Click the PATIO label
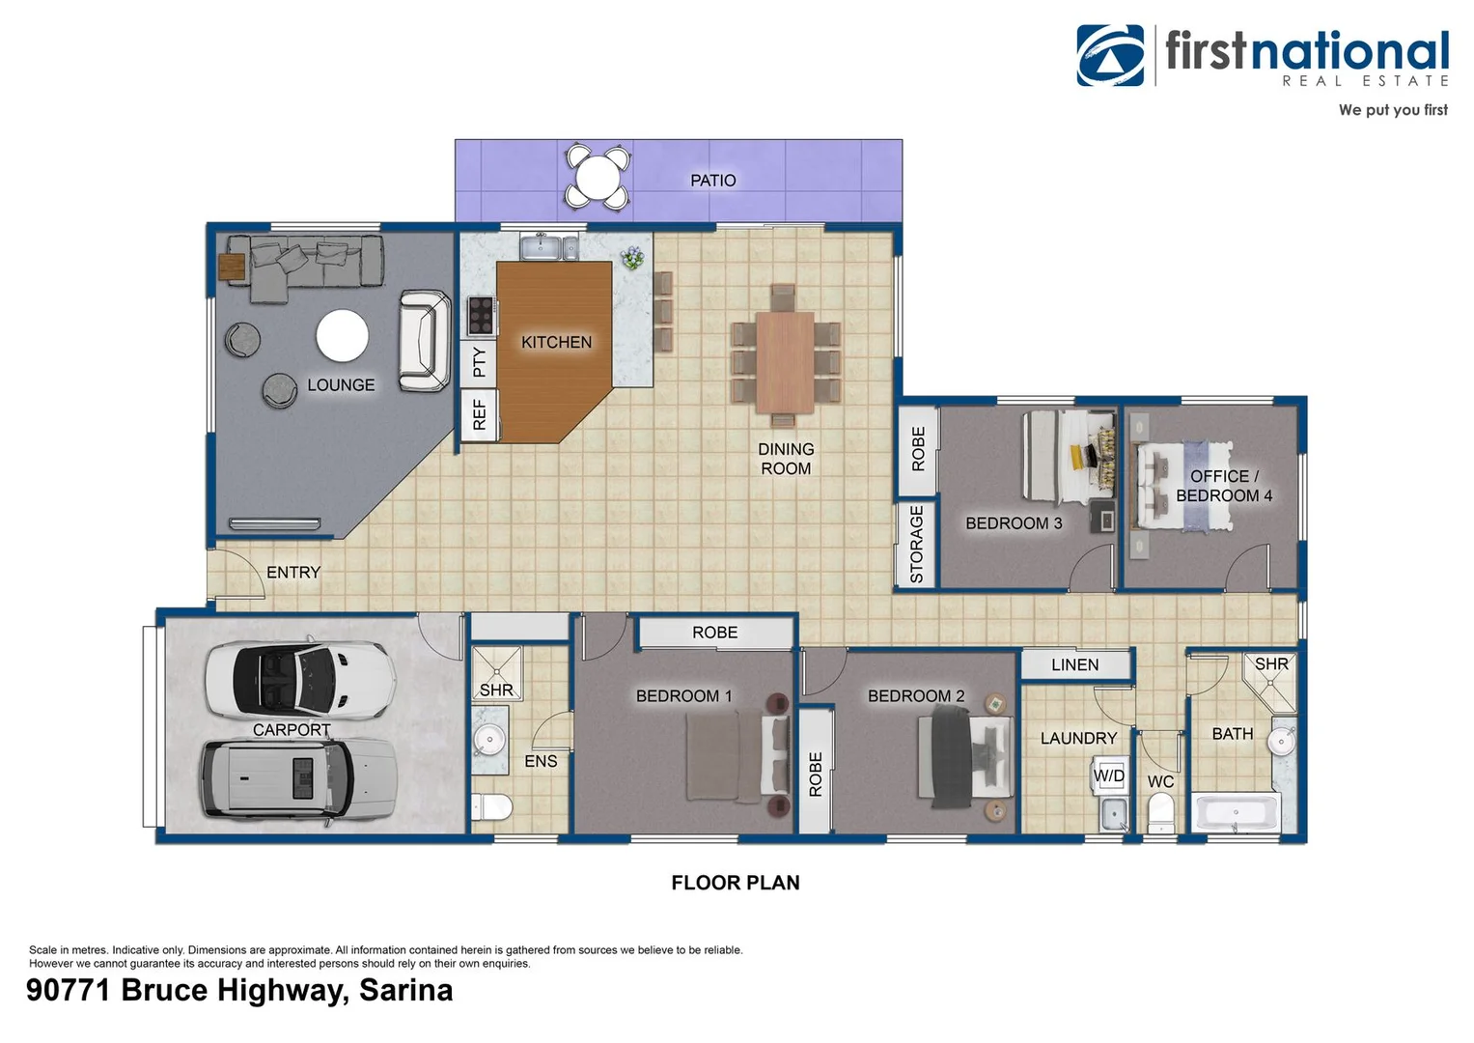(x=712, y=181)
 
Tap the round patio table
(x=598, y=177)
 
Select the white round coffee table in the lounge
(x=342, y=336)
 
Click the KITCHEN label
(x=556, y=342)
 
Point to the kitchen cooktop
(x=480, y=315)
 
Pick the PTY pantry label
(x=479, y=363)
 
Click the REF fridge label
(x=479, y=415)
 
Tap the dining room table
(x=785, y=361)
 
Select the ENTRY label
(x=293, y=573)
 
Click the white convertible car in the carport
(x=300, y=679)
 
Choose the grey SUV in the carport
(x=298, y=779)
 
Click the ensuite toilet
(x=491, y=806)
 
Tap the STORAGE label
(x=917, y=545)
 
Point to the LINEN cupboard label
(x=1074, y=664)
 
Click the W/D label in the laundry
(x=1109, y=775)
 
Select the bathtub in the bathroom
(x=1236, y=812)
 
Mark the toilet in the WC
(x=1160, y=810)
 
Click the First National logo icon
(x=1110, y=56)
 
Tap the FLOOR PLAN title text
(x=736, y=883)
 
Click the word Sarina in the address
(x=405, y=991)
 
